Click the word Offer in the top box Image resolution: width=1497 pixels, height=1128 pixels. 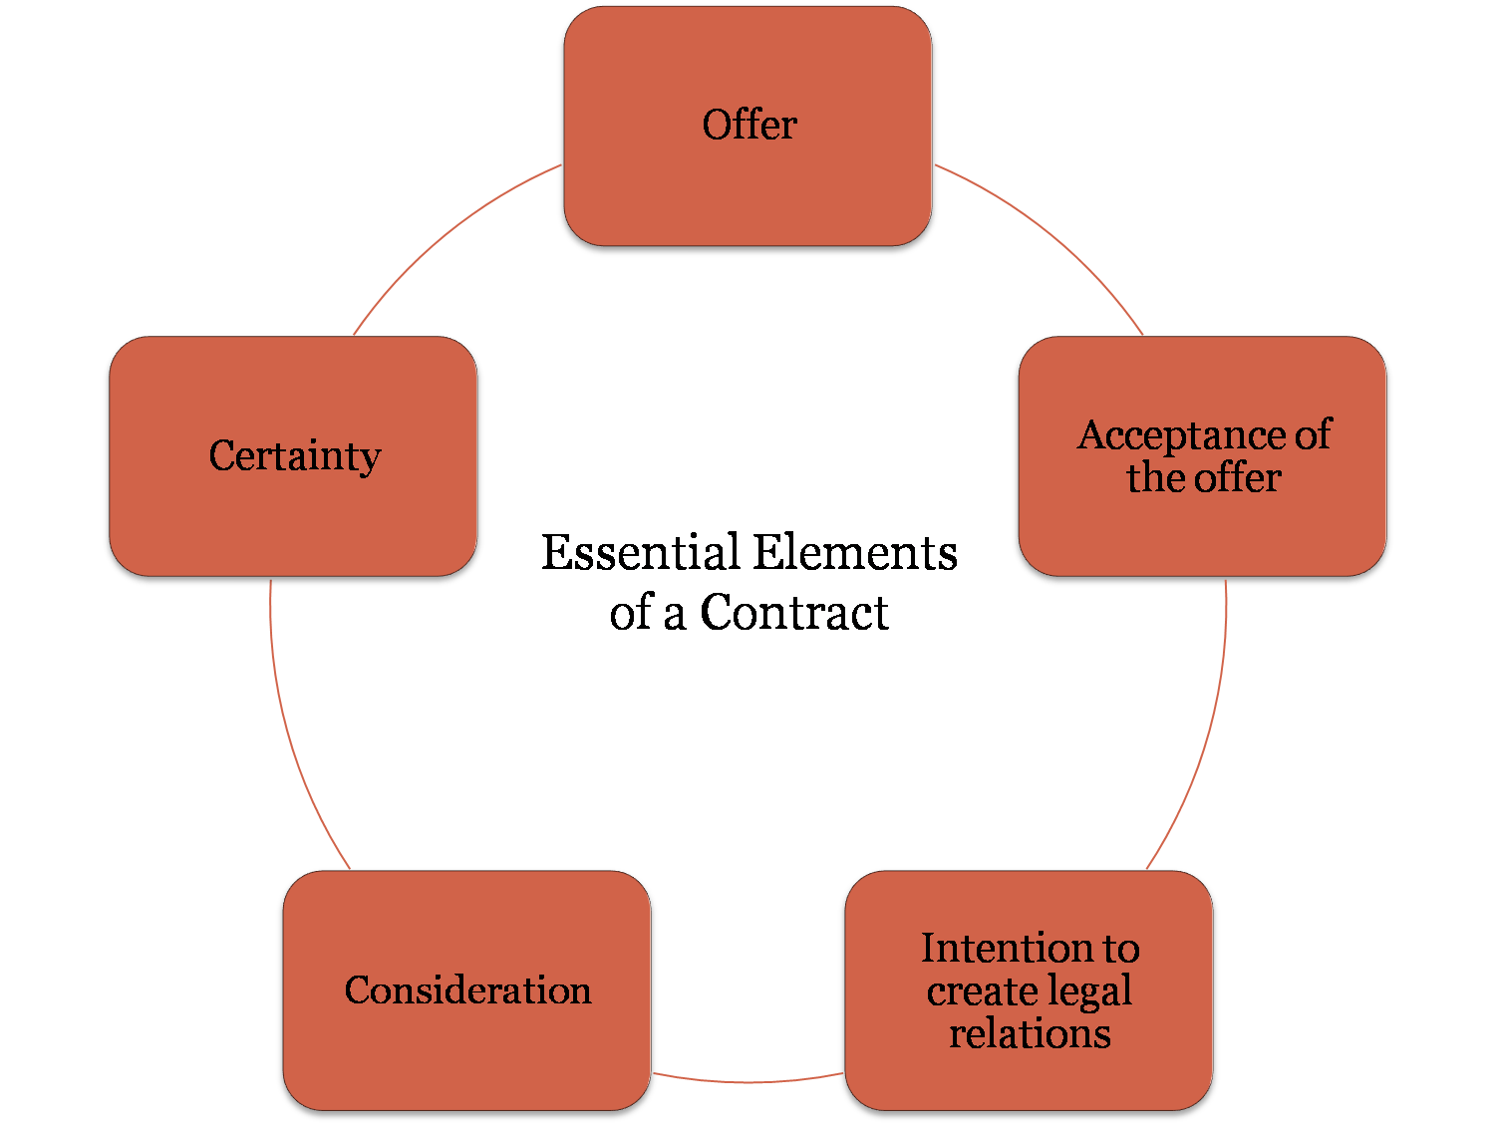749,126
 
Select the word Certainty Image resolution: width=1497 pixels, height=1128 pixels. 295,456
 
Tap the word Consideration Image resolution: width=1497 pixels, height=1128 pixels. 467,990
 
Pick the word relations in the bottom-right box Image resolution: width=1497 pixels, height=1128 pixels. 1030,1033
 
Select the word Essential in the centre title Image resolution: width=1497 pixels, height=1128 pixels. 640,553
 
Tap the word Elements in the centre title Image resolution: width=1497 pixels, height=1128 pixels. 854,553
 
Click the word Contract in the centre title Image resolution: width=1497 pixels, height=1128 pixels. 793,613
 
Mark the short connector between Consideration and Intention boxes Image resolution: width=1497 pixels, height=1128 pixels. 748,1080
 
